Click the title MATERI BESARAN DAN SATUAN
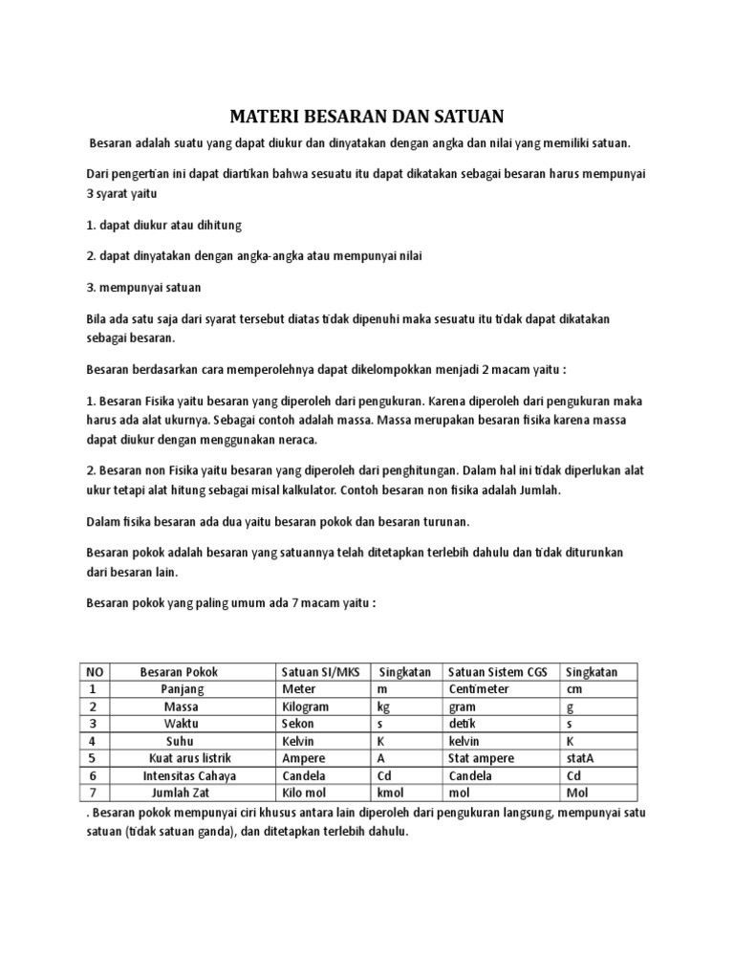coord(366,117)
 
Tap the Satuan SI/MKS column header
coord(318,671)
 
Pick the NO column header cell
coord(93,671)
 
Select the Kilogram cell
coord(306,707)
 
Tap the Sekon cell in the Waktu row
coord(298,724)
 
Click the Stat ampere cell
coord(481,758)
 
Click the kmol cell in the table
coord(392,793)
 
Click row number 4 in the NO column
coord(93,741)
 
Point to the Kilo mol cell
coord(306,793)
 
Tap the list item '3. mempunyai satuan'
coord(143,287)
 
